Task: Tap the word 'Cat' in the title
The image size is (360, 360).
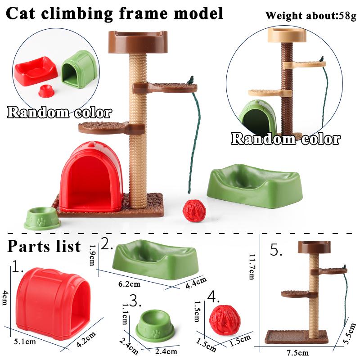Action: (x=23, y=13)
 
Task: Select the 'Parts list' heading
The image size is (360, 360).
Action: (x=44, y=246)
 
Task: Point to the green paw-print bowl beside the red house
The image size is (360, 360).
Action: (x=41, y=218)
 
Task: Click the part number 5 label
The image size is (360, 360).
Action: (x=275, y=250)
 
